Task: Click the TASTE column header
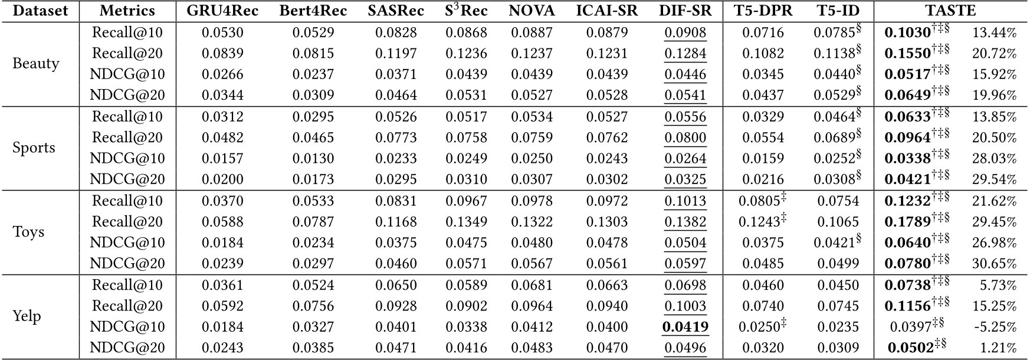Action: [951, 11]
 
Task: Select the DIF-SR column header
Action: [685, 11]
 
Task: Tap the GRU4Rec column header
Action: [222, 11]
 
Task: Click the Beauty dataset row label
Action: [36, 64]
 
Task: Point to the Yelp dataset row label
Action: [27, 316]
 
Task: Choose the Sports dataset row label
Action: [34, 148]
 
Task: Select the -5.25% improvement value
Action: [994, 327]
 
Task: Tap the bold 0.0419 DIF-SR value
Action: [685, 327]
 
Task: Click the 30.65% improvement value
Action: [994, 264]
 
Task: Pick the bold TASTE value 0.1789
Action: [907, 222]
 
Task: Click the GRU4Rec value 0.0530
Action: [222, 33]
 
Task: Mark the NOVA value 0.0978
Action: [532, 201]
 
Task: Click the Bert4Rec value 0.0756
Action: [313, 306]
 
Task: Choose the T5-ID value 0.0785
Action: [834, 33]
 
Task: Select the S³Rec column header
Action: [466, 11]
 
